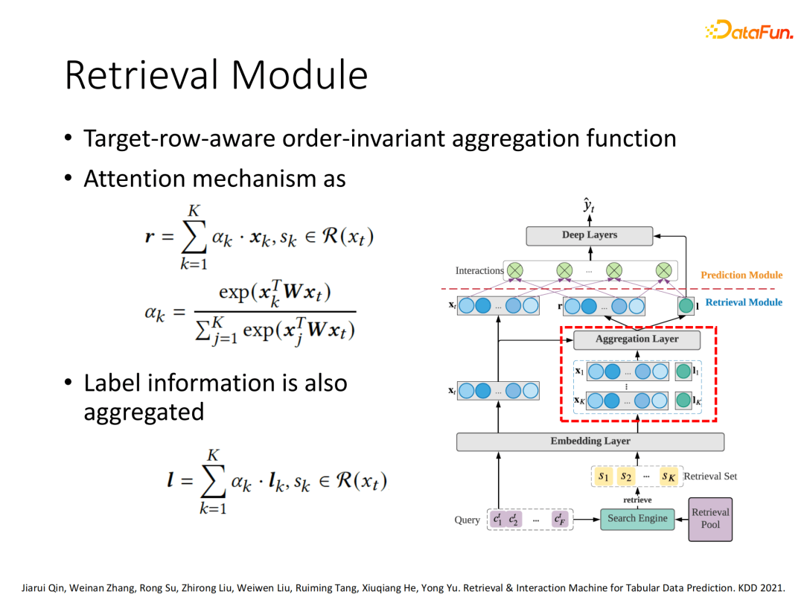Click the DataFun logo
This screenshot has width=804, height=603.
[x=748, y=31]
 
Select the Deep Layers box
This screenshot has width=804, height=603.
[x=590, y=235]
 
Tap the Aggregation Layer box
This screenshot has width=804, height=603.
[x=636, y=339]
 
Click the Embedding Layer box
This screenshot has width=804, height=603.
[x=590, y=441]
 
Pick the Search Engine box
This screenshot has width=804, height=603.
[x=637, y=519]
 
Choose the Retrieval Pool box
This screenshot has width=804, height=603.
[x=710, y=519]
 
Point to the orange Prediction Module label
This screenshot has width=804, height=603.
[x=741, y=275]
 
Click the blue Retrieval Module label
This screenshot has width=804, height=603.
[x=743, y=302]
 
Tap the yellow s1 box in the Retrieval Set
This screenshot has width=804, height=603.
[x=604, y=476]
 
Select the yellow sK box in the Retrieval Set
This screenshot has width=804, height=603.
[x=668, y=476]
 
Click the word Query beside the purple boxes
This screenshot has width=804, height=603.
[x=468, y=520]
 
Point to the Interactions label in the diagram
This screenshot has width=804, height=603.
[x=479, y=271]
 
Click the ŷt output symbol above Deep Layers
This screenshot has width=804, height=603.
[x=589, y=204]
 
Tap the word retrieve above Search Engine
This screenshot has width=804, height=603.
[x=637, y=500]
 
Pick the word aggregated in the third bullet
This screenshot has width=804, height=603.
[x=144, y=412]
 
